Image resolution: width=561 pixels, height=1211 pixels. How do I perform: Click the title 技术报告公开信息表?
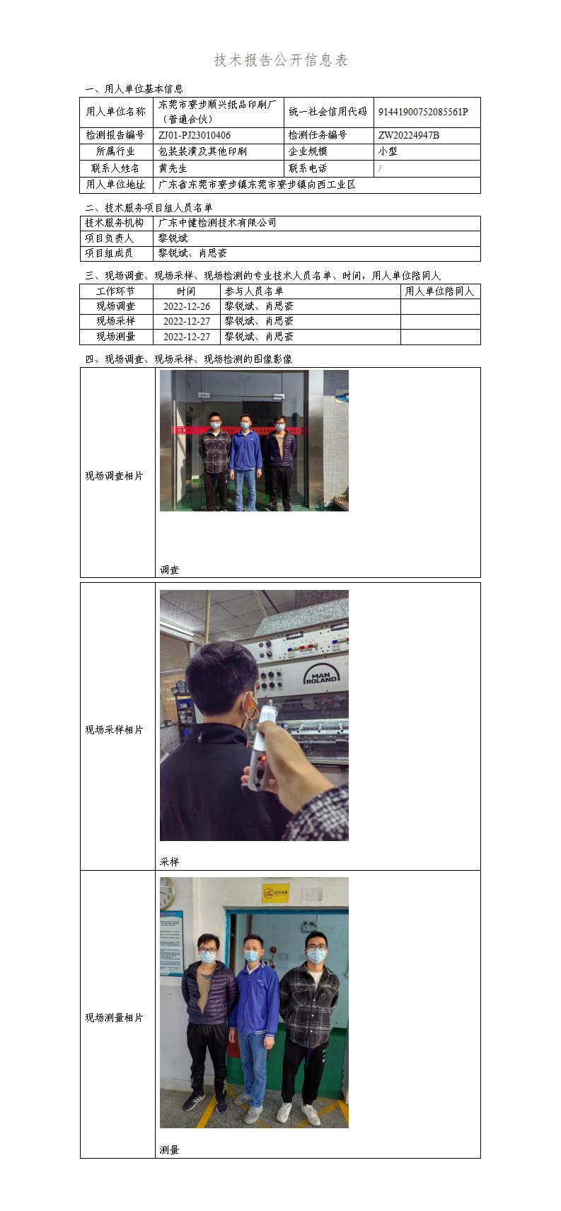pyautogui.click(x=281, y=60)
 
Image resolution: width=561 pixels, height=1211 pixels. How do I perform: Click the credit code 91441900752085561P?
pyautogui.click(x=423, y=112)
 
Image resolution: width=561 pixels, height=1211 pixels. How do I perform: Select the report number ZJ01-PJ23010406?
pyautogui.click(x=195, y=135)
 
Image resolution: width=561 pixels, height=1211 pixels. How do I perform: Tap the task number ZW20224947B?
pyautogui.click(x=409, y=135)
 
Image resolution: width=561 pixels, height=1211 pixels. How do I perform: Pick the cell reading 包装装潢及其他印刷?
pyautogui.click(x=203, y=151)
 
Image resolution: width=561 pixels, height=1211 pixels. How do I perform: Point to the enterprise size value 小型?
pyautogui.click(x=388, y=151)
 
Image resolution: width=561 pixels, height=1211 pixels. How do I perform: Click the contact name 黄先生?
pyautogui.click(x=173, y=168)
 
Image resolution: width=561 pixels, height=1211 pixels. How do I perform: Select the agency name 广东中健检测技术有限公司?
pyautogui.click(x=217, y=223)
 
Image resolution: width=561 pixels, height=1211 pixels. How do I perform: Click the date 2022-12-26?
pyautogui.click(x=187, y=306)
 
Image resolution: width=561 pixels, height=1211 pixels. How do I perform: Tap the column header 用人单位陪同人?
pyautogui.click(x=439, y=291)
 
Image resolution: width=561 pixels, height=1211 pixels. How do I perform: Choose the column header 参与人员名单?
pyautogui.click(x=254, y=291)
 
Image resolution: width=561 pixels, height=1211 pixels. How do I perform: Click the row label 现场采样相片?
pyautogui.click(x=115, y=730)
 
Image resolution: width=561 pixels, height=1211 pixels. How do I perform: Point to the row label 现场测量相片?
pyautogui.click(x=115, y=1018)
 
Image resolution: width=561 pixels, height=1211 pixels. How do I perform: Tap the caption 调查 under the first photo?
pyautogui.click(x=170, y=569)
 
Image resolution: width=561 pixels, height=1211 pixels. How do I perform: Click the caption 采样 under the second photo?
pyautogui.click(x=170, y=862)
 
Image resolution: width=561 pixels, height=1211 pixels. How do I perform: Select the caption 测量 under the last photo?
pyautogui.click(x=170, y=1150)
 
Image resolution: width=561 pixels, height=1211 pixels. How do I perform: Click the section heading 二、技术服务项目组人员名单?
pyautogui.click(x=149, y=207)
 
